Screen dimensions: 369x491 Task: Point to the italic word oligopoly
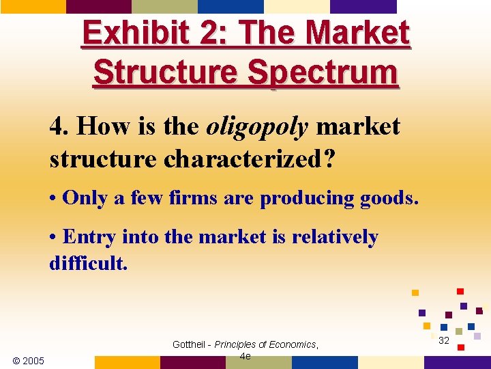click(x=257, y=127)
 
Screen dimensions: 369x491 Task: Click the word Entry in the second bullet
click(x=87, y=237)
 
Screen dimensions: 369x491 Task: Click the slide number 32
click(x=444, y=340)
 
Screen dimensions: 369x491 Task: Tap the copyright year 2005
click(x=32, y=360)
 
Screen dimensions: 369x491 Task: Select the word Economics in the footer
click(x=293, y=344)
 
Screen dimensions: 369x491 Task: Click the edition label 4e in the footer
click(x=245, y=356)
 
